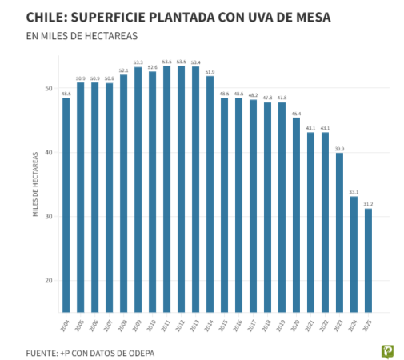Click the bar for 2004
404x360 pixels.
coord(66,205)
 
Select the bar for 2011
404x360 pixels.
coord(167,189)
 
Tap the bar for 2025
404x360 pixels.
coord(368,260)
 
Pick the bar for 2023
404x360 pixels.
coord(339,232)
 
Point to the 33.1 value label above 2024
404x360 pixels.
coord(354,192)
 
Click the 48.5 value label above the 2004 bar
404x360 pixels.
coord(66,94)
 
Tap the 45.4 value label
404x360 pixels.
coord(296,114)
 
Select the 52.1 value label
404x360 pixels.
coord(124,70)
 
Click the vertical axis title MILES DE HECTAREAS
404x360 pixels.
coord(35,185)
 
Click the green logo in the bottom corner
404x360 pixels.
coord(387,350)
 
